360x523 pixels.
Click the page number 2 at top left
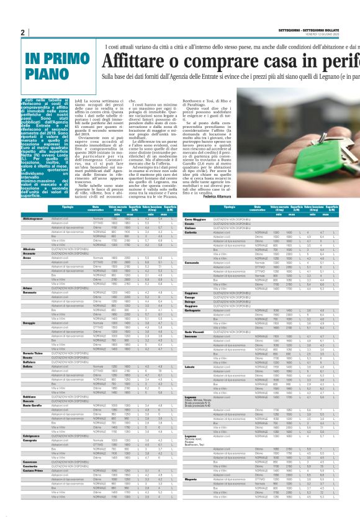point(22,32)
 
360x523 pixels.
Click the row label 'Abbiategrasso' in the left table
point(33,219)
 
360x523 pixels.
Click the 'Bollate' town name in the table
point(29,349)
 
